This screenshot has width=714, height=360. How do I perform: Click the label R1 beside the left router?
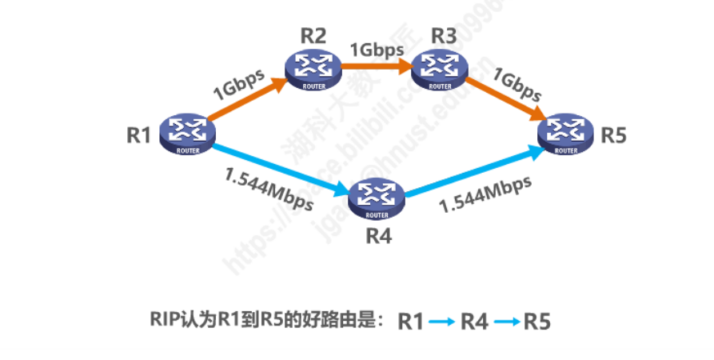139,134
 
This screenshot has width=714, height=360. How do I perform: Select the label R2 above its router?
313,36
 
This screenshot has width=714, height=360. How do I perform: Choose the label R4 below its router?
379,236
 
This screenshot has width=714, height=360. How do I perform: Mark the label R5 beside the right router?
614,134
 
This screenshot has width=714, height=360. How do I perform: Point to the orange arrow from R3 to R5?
503,99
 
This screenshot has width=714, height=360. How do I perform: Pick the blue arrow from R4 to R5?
472,172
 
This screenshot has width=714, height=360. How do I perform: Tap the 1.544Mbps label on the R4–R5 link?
486,194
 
